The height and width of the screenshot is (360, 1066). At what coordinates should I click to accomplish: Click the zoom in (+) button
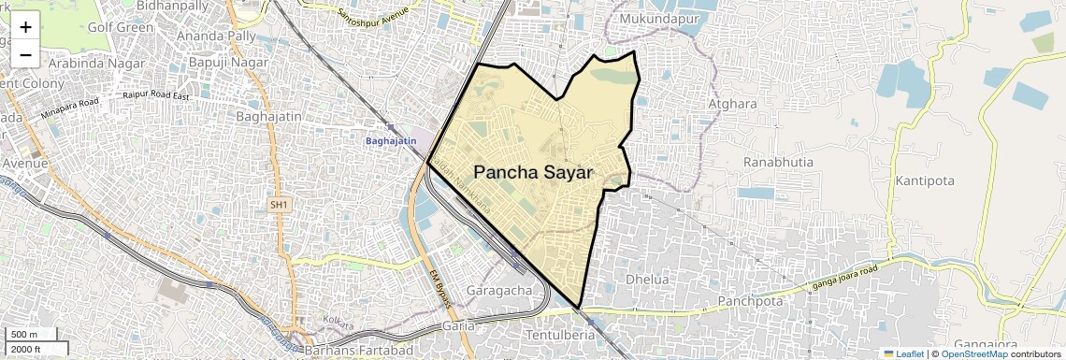[25, 27]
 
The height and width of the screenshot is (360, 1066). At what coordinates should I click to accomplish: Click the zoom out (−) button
[25, 54]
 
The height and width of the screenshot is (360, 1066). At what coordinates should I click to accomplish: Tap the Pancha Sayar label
[534, 172]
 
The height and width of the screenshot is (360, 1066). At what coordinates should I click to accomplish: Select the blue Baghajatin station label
[390, 140]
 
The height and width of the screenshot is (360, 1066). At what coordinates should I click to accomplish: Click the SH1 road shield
[280, 203]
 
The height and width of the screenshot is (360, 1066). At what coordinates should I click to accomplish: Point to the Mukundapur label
[653, 16]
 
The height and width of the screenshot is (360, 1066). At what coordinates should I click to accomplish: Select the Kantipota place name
[929, 180]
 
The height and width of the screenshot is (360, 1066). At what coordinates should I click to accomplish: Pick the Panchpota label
[750, 301]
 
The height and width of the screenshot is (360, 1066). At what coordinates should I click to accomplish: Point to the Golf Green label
[121, 27]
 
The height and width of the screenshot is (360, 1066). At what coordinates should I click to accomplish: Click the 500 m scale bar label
[24, 335]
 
